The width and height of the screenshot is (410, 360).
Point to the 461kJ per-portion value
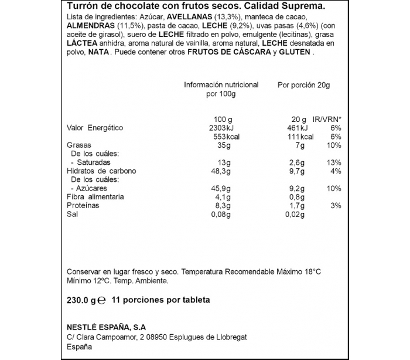pyautogui.click(x=296, y=128)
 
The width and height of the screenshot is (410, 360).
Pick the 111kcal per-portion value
pyautogui.click(x=298, y=137)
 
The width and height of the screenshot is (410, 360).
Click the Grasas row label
pyautogui.click(x=78, y=145)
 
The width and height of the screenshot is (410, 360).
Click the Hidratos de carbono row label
pyautogui.click(x=101, y=171)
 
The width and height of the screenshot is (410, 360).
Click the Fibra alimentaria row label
pyautogui.click(x=96, y=198)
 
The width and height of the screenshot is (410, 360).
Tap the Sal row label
pyautogui.click(x=73, y=215)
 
